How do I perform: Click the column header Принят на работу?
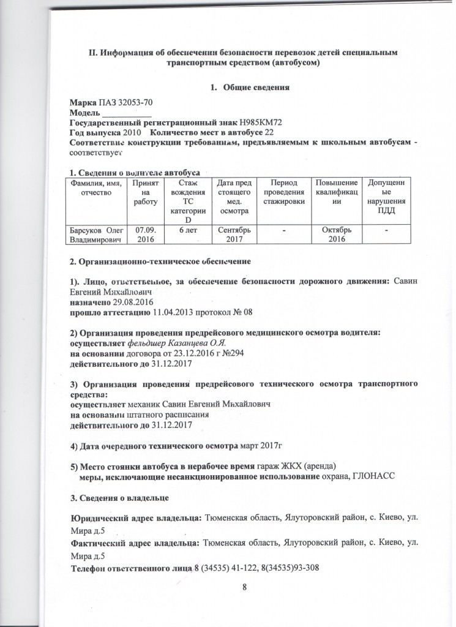pos(143,193)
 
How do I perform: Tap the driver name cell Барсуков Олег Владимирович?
pos(94,235)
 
